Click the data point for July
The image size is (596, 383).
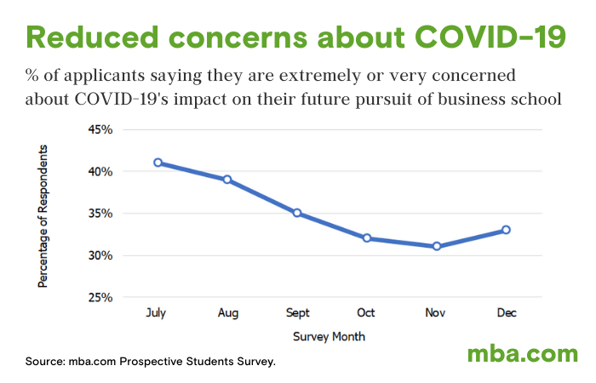coord(158,163)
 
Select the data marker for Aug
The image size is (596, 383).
coord(227,180)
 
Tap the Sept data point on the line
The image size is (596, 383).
coord(297,213)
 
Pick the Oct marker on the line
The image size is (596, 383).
coord(367,238)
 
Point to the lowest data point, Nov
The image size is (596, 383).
coord(436,247)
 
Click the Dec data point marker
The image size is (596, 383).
coord(506,230)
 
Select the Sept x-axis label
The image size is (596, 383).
coord(297,314)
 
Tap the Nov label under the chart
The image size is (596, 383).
coord(436,314)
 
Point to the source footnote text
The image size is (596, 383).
coord(150,362)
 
